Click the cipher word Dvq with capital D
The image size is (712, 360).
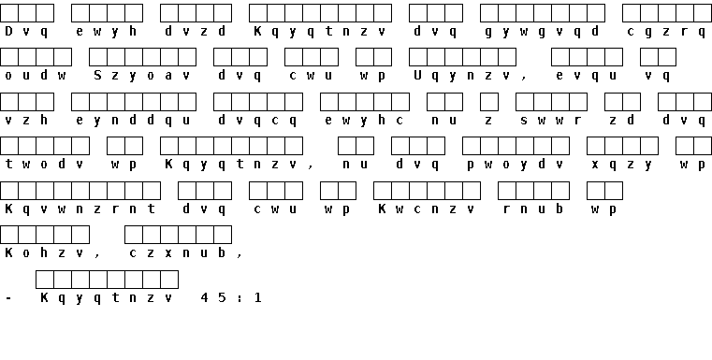[x=27, y=32]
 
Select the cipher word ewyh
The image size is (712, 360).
[x=107, y=32]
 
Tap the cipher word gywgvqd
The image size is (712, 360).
[x=542, y=32]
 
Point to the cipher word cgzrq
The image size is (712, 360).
[x=666, y=32]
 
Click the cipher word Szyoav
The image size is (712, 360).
[x=142, y=76]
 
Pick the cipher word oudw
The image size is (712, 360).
[x=36, y=76]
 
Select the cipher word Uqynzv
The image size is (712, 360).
[x=462, y=76]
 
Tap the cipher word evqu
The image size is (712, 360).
[x=587, y=76]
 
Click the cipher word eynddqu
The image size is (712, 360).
[x=134, y=121]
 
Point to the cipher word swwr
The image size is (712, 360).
[x=551, y=121]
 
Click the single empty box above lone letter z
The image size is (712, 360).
[x=489, y=102]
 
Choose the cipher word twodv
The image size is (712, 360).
[x=45, y=165]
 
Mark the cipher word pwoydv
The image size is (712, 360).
[x=516, y=165]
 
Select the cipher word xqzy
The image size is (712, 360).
[x=622, y=165]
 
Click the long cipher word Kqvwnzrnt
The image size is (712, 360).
[x=80, y=209]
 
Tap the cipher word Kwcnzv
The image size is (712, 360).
[x=427, y=209]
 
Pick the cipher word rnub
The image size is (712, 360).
[x=533, y=209]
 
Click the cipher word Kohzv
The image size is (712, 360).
[x=45, y=252]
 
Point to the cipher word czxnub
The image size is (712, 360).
[x=178, y=252]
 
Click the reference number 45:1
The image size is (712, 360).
[x=232, y=297]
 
